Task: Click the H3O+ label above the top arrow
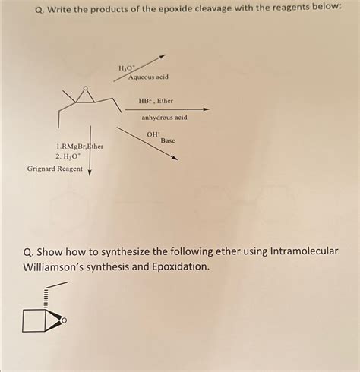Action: (125, 68)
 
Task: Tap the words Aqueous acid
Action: (148, 77)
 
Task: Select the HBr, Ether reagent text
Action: (156, 101)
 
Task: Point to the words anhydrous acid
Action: (164, 118)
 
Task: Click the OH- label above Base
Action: (153, 134)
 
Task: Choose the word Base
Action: (168, 141)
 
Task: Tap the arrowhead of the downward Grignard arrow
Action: (90, 171)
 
